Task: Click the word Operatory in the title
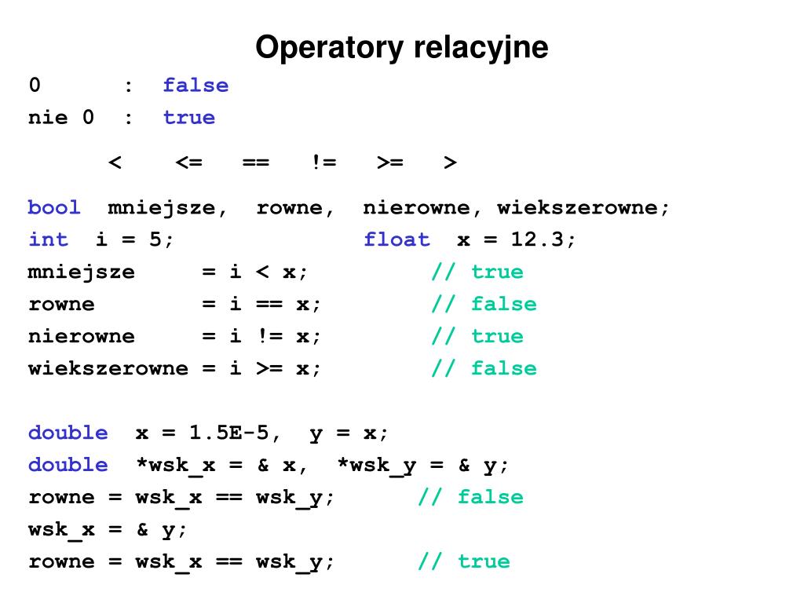click(328, 48)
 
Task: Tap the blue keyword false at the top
click(196, 86)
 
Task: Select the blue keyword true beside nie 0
click(188, 118)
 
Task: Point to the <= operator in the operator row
click(188, 163)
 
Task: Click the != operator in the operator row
click(323, 163)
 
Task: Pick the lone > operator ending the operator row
click(450, 163)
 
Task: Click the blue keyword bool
click(54, 208)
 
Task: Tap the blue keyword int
click(48, 240)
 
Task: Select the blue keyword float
click(397, 240)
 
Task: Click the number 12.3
click(537, 240)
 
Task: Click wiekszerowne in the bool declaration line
click(583, 208)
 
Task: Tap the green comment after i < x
click(477, 272)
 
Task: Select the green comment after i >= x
click(484, 369)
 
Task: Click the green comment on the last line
click(463, 562)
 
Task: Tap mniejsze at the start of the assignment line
click(82, 272)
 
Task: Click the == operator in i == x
click(262, 305)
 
